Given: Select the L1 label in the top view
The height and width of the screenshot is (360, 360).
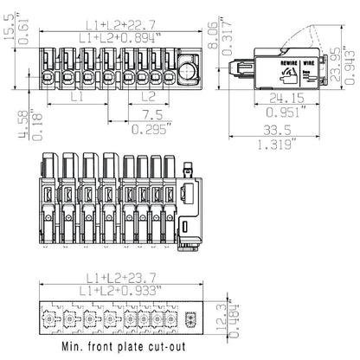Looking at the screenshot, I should tap(77, 99).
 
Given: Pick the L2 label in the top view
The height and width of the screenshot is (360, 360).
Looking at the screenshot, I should tap(148, 99).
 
